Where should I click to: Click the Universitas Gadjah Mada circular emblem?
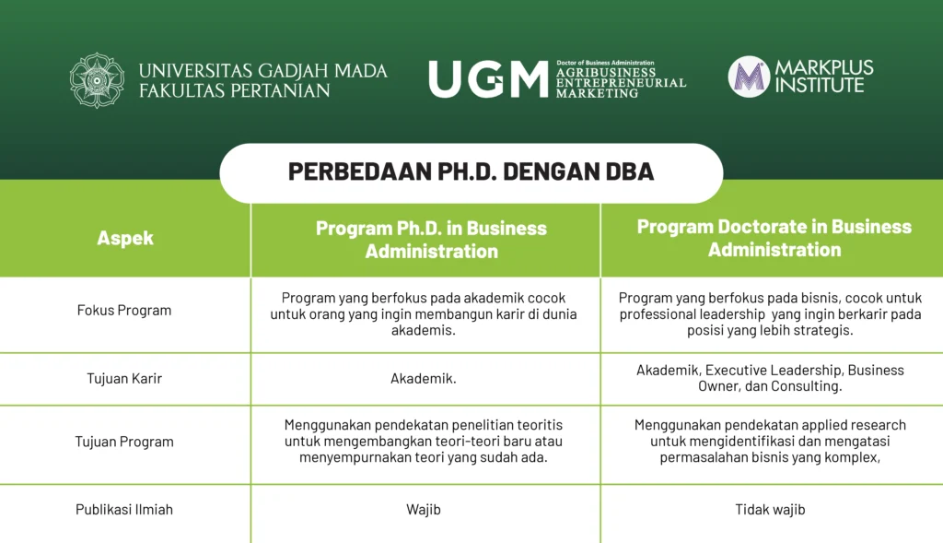(x=97, y=80)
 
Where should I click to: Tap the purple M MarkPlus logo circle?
(x=748, y=77)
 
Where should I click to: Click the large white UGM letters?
(x=488, y=79)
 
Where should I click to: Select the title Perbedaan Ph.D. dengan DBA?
(x=471, y=171)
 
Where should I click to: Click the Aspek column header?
(x=125, y=239)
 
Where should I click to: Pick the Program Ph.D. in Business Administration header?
(x=431, y=240)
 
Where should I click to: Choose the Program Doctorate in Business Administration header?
(x=774, y=238)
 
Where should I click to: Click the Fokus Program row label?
(x=124, y=310)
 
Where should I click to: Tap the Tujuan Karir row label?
(x=124, y=379)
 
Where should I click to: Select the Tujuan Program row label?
(x=124, y=442)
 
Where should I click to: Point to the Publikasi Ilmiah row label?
(x=124, y=509)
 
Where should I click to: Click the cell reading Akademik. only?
(x=424, y=379)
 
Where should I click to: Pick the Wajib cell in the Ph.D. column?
(x=424, y=510)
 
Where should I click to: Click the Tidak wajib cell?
(x=770, y=510)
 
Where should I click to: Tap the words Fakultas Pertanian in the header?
(x=235, y=91)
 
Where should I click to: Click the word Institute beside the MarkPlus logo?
(x=819, y=85)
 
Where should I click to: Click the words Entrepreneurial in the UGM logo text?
(x=621, y=83)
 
